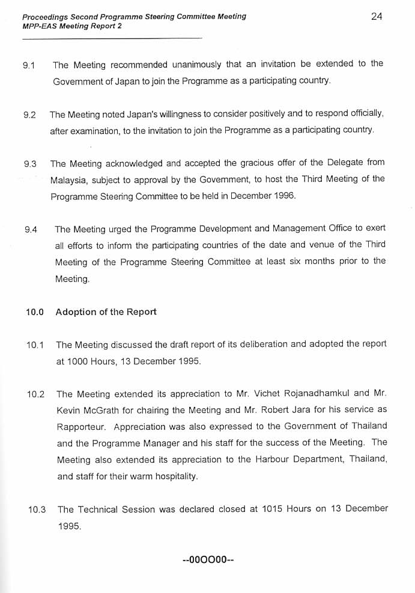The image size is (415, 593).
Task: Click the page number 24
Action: click(x=377, y=16)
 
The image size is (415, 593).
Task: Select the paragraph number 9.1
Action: click(x=29, y=65)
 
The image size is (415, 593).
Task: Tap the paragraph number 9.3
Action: click(x=31, y=163)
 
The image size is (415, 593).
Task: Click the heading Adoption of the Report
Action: click(x=106, y=312)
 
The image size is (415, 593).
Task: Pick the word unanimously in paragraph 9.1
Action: click(x=189, y=64)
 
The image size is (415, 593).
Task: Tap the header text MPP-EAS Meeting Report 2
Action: click(x=71, y=26)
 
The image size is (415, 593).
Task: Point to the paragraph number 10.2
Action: click(x=36, y=394)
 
